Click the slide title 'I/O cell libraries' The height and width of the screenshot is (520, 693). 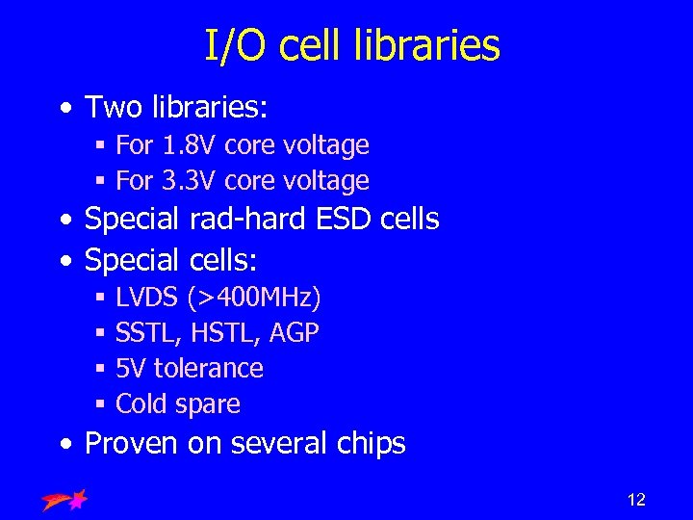point(352,45)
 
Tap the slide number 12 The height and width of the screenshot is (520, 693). point(636,499)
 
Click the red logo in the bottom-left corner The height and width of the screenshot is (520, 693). point(65,499)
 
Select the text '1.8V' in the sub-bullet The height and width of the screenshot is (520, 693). point(189,145)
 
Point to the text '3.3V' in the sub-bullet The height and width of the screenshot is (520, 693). point(189,180)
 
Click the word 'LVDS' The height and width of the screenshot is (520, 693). point(147,299)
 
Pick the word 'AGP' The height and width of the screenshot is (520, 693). point(295,333)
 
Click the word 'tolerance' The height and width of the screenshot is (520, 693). point(208,368)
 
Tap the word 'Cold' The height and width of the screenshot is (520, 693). point(141,403)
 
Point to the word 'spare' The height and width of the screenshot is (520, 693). point(207,404)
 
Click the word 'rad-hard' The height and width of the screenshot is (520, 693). point(245,219)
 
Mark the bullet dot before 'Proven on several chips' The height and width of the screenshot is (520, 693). point(64,445)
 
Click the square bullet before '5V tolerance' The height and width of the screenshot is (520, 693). point(100,369)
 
